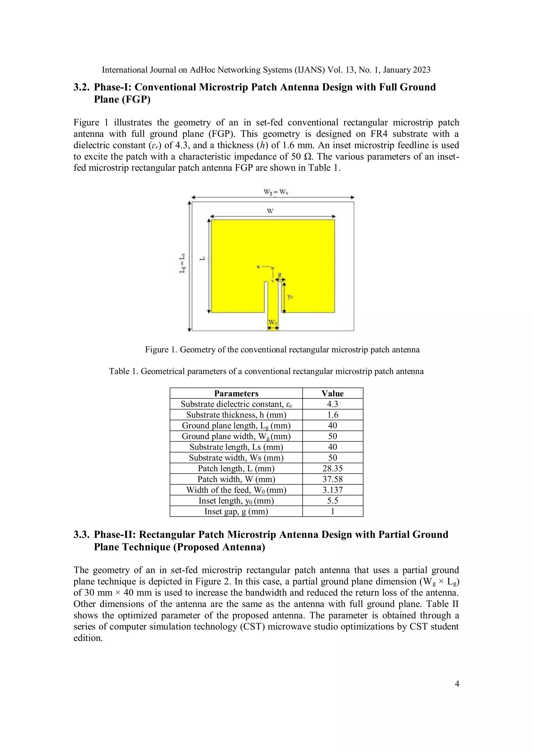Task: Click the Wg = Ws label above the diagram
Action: tap(275, 192)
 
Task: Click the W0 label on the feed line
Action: tap(273, 323)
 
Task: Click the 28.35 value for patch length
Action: tap(332, 468)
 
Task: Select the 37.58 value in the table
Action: tap(332, 479)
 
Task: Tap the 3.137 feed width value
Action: tap(332, 490)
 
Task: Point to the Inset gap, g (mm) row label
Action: tap(236, 511)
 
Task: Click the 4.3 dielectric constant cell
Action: tap(332, 404)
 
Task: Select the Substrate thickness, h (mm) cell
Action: tap(236, 415)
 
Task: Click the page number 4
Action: tap(457, 684)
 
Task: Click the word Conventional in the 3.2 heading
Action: tap(165, 87)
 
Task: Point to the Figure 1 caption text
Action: tap(282, 350)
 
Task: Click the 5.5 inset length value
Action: tap(332, 501)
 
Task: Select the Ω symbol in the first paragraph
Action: tap(308, 157)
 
